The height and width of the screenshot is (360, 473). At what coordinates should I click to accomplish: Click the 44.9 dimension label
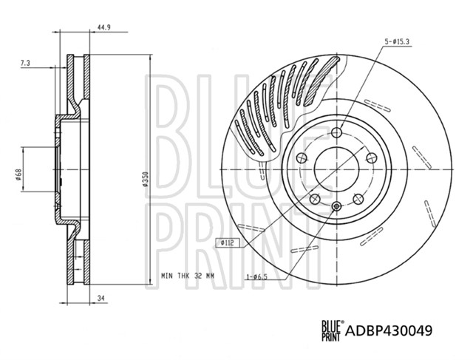103,27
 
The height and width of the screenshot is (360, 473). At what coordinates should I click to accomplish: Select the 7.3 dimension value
25,63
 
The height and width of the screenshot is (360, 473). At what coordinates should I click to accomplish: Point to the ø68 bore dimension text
18,175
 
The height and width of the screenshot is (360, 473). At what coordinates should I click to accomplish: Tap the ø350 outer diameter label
145,179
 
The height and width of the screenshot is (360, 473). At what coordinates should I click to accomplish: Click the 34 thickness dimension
101,298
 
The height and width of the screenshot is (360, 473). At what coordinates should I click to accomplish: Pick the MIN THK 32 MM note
187,276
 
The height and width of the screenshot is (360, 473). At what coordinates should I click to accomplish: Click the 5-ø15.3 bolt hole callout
397,42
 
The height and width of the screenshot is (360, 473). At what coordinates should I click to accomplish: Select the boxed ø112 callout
227,242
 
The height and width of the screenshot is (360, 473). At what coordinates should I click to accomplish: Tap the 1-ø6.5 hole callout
257,276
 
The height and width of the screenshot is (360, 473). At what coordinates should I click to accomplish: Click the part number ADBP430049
389,330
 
